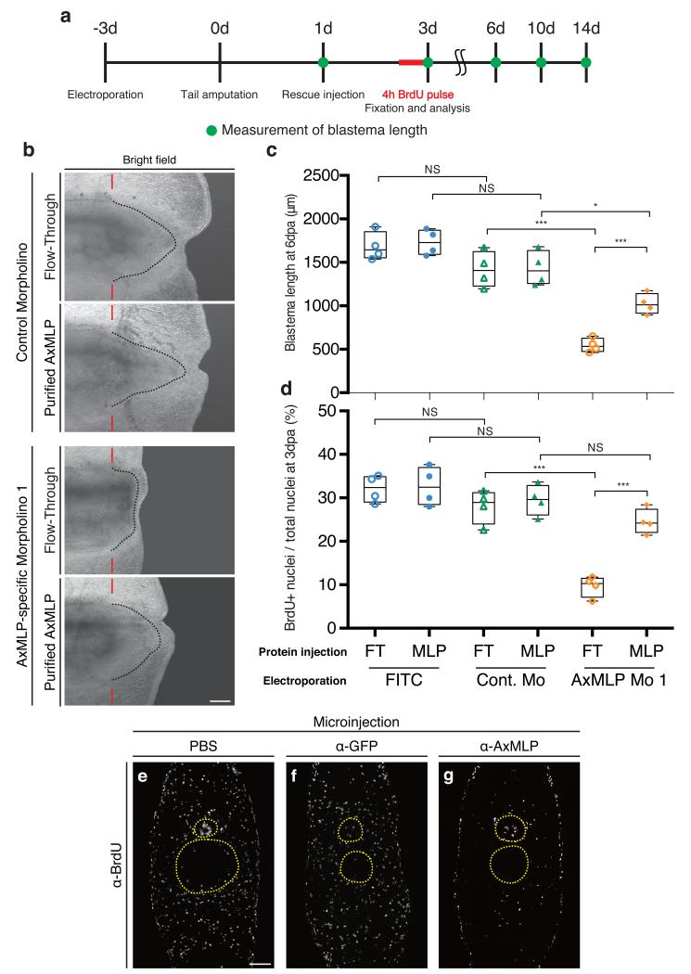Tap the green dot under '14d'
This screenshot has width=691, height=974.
pyautogui.click(x=585, y=63)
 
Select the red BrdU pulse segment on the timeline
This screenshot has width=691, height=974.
pyautogui.click(x=411, y=63)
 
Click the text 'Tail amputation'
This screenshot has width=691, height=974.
pyautogui.click(x=218, y=94)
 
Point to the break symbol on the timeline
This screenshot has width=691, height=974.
pyautogui.click(x=461, y=63)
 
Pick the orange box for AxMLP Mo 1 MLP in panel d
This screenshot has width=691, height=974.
pyautogui.click(x=648, y=521)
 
